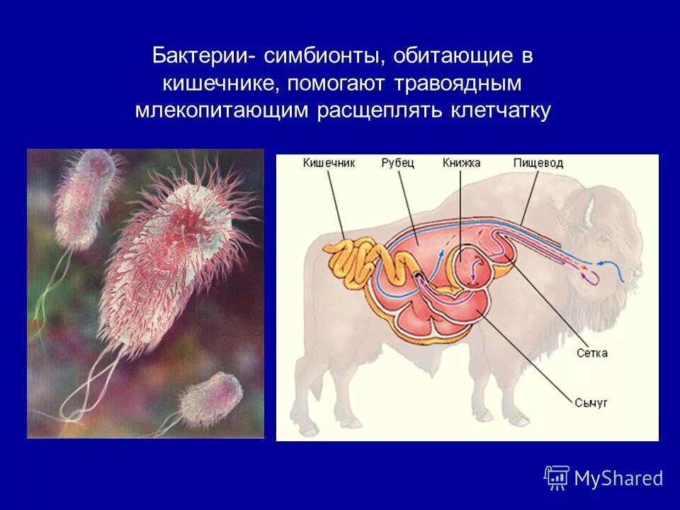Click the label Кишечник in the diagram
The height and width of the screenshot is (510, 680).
[329, 163]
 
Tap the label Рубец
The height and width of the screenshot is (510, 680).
[397, 163]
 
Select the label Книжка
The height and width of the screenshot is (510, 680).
[461, 163]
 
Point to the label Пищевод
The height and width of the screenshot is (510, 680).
[538, 163]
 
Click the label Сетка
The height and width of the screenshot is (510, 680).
[591, 352]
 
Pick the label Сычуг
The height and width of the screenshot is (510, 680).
[591, 402]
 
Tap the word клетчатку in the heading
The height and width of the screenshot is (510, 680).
[500, 111]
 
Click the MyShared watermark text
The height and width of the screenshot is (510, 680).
[618, 479]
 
